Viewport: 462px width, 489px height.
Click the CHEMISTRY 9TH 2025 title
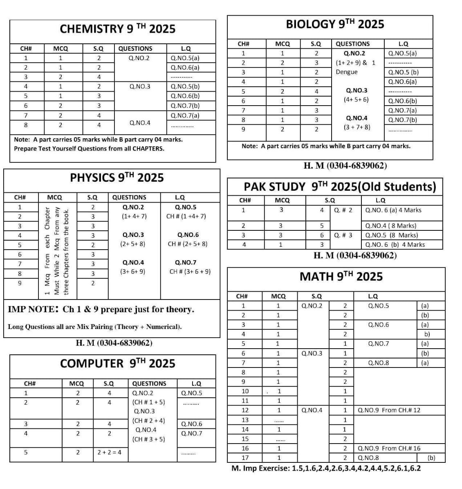point(117,29)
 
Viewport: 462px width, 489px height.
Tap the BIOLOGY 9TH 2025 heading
point(335,24)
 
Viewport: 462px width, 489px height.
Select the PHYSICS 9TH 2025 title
point(117,178)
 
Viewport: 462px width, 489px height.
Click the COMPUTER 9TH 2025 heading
point(117,363)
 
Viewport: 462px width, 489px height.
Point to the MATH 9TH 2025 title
point(341,277)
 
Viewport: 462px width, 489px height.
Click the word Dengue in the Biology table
point(346,72)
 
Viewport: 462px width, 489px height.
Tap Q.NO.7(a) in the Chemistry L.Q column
point(185,115)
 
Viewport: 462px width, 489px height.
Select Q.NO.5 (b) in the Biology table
point(403,72)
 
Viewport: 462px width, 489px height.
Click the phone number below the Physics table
point(114,343)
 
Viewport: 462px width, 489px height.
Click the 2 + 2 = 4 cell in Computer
point(109,452)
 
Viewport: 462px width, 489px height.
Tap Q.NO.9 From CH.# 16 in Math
point(389,448)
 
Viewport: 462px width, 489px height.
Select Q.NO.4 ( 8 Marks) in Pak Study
point(390,226)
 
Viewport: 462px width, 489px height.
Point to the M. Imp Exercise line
point(326,468)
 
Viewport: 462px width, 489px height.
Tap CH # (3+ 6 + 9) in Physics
point(190,272)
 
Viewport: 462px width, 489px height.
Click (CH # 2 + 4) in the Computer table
point(148,421)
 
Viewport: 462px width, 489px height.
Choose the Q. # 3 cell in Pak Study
point(343,235)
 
